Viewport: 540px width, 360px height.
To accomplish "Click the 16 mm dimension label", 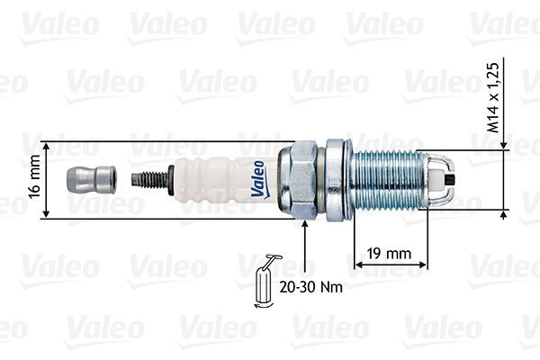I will pos(34,180).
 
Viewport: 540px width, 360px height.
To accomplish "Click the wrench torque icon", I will pos(266,283).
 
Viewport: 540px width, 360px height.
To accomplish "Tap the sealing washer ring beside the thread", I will pos(338,179).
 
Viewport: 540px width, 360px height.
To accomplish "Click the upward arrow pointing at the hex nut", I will pos(306,227).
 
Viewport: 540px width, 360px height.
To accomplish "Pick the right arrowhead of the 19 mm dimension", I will pos(422,263).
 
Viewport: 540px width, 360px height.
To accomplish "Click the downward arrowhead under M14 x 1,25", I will pos(503,146).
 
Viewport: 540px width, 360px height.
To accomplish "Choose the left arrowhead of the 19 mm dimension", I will pos(358,263).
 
